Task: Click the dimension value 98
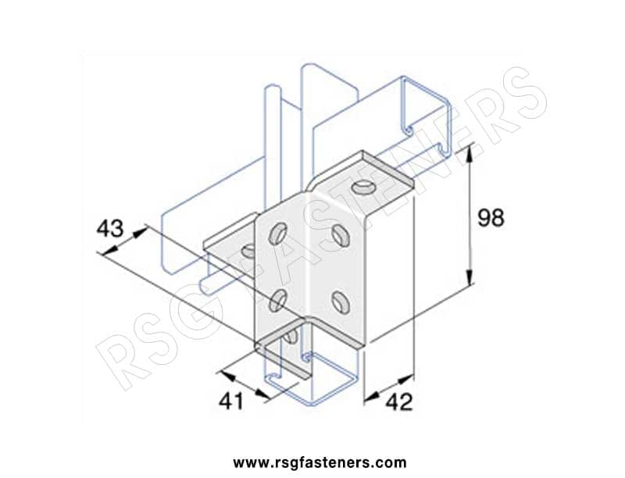(491, 218)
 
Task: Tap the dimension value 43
(110, 229)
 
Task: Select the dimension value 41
(231, 401)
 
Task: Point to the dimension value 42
(399, 402)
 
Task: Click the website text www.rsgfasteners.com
(320, 463)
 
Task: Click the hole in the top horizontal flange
(362, 187)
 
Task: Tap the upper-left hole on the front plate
(277, 234)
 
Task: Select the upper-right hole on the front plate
(341, 235)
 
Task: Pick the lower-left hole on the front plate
(277, 301)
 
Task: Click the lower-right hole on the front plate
(341, 301)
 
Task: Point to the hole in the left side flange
(248, 251)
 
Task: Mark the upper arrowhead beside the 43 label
(137, 233)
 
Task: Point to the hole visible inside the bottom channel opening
(291, 337)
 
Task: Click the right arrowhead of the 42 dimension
(407, 378)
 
